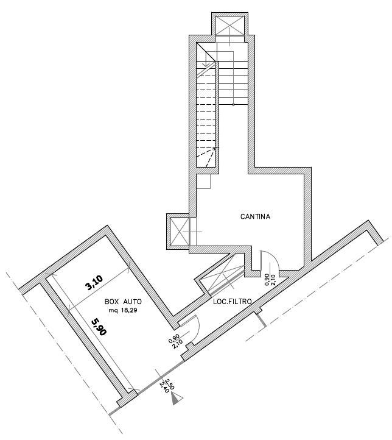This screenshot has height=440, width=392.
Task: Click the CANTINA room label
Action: pos(255,216)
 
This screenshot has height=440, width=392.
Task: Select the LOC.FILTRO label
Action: pos(232,301)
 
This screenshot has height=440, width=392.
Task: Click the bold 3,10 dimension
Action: pos(94,284)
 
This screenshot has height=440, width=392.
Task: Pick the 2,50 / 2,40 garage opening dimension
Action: pos(165,385)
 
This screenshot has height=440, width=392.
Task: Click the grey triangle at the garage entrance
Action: pos(177,399)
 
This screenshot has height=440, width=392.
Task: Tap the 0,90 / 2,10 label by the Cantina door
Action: pos(269,279)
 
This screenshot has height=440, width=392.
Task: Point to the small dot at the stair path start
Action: pos(233,105)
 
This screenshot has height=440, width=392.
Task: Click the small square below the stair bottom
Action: pos(205,180)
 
